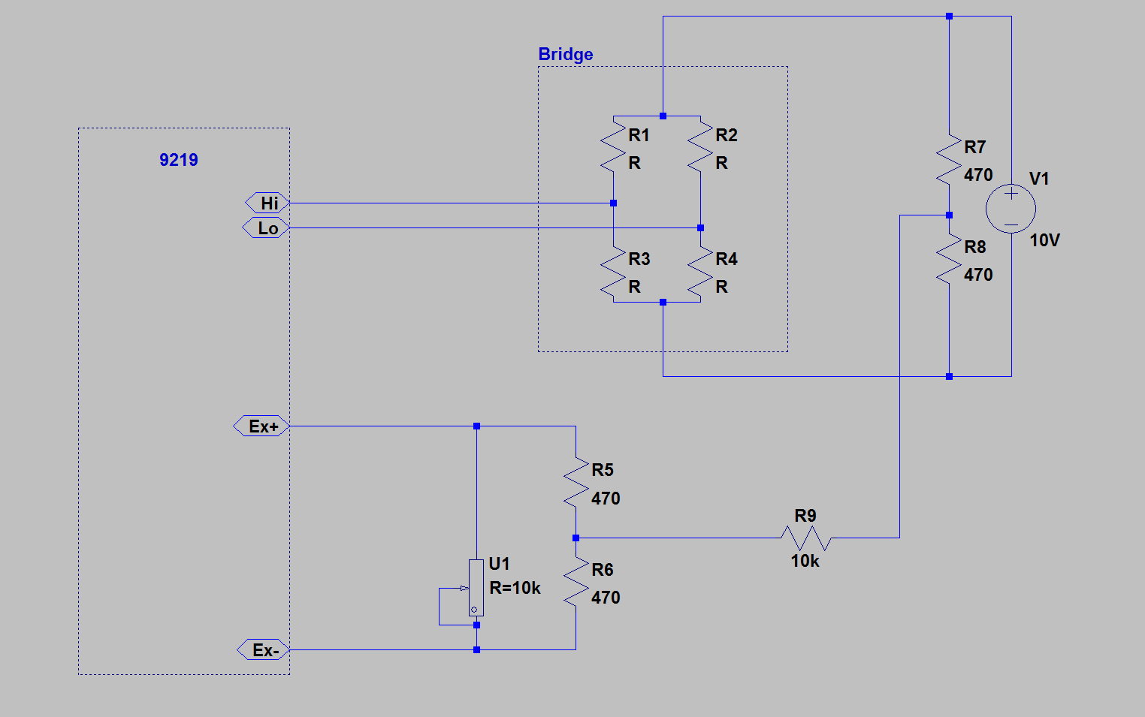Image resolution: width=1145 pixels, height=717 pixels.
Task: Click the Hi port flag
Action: [x=267, y=203]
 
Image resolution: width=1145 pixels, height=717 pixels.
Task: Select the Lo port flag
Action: [x=266, y=228]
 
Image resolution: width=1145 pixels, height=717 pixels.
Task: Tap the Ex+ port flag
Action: [x=261, y=426]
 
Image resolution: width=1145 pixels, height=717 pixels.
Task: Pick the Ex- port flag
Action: [x=264, y=650]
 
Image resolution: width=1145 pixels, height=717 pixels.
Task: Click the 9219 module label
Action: [x=179, y=160]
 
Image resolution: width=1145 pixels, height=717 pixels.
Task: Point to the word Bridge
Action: [x=566, y=54]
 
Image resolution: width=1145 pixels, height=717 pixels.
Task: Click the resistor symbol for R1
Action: [x=614, y=149]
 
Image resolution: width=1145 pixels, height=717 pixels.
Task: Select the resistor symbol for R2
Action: [x=700, y=149]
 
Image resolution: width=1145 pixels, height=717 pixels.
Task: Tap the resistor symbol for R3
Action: [x=614, y=273]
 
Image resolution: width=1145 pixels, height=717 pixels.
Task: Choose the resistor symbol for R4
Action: [x=700, y=273]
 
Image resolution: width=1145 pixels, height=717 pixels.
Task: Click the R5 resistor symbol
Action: [x=576, y=484]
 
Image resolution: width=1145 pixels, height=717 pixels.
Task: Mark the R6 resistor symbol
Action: [x=576, y=583]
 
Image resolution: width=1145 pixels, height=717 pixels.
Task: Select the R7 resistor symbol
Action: [x=949, y=161]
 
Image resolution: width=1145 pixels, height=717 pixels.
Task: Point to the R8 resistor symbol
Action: [x=949, y=261]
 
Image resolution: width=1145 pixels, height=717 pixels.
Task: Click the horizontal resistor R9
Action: [x=805, y=538]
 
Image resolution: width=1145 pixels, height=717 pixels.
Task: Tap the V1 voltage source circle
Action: [x=1011, y=209]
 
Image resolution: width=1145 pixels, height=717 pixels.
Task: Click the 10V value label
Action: [x=1044, y=240]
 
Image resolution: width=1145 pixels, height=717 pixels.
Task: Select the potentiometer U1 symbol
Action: [x=476, y=588]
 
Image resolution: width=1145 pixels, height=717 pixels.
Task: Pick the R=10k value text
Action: [x=515, y=588]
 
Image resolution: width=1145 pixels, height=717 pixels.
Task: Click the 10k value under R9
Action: [x=805, y=561]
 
